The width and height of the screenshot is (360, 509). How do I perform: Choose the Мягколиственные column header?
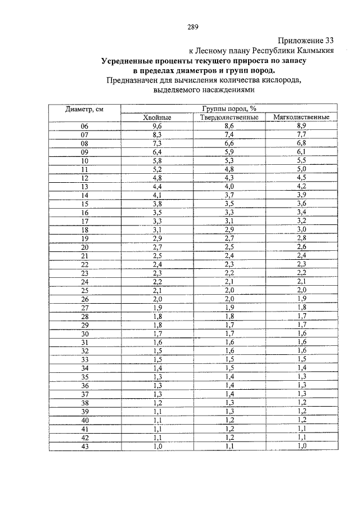click(301, 118)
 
